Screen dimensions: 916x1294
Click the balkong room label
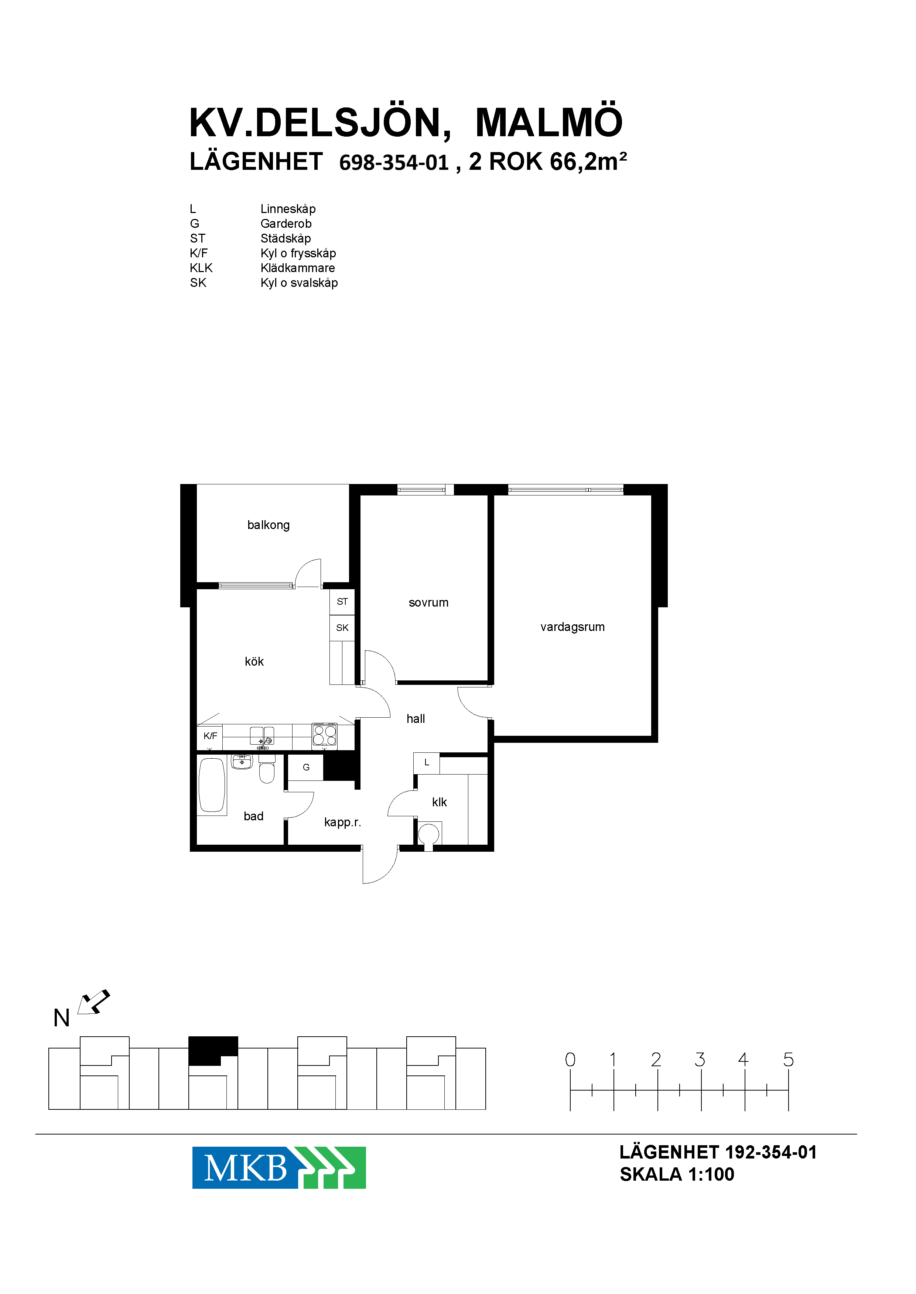click(x=269, y=525)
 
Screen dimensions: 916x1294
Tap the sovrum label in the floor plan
click(x=429, y=603)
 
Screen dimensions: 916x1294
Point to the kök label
click(x=254, y=661)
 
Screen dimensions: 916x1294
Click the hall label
click(x=416, y=719)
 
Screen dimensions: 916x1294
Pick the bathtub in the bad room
click(x=212, y=785)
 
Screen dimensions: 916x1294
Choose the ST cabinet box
click(x=342, y=602)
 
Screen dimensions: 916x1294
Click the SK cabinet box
click(x=342, y=628)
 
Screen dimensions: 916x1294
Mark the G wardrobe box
click(x=306, y=768)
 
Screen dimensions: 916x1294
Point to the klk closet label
click(x=440, y=802)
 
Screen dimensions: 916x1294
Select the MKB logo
click(x=279, y=1168)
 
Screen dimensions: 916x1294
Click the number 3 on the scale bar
click(x=700, y=1060)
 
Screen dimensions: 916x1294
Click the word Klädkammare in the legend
click(x=298, y=268)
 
